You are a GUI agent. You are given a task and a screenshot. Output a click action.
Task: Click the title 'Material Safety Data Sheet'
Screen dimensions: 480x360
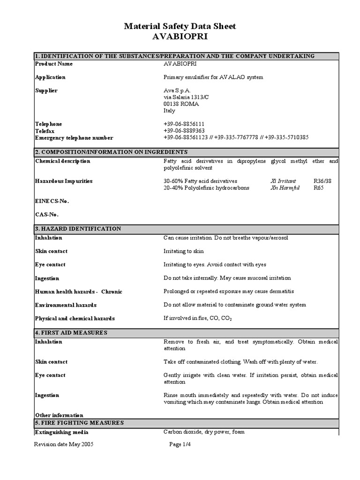(180, 27)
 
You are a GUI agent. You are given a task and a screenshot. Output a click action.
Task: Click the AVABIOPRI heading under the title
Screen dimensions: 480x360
(180, 37)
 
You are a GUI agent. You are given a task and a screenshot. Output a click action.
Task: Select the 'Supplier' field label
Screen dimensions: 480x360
(46, 90)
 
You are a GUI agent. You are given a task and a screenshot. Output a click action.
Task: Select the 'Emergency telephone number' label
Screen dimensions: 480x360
(74, 138)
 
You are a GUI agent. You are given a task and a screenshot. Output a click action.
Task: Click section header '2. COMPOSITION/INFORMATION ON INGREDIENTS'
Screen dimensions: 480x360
(112, 152)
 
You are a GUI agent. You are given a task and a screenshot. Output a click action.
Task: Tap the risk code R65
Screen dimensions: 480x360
(318, 187)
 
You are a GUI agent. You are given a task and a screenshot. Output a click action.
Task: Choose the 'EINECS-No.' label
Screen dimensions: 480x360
(52, 201)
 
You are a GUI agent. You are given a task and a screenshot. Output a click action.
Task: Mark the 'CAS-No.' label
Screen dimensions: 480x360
(47, 215)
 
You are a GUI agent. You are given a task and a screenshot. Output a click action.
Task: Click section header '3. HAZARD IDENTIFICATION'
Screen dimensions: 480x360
(78, 229)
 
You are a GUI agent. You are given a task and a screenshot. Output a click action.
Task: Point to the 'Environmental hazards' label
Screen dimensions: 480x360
(66, 305)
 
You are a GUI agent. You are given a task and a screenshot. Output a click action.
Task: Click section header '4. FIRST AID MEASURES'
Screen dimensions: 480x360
(72, 332)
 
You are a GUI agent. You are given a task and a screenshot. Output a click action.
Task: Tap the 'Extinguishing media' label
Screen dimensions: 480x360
(62, 432)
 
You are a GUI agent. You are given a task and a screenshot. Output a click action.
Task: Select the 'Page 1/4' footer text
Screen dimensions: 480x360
(180, 445)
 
